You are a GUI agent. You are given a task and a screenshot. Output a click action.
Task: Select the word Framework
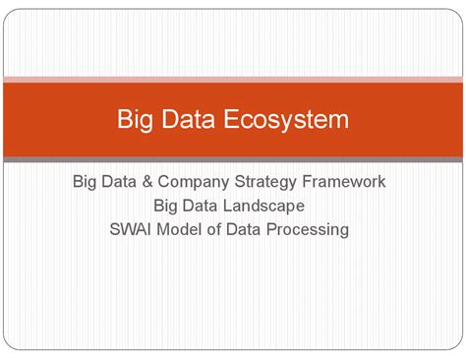coord(349,182)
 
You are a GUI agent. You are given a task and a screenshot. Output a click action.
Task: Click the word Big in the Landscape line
coord(166,206)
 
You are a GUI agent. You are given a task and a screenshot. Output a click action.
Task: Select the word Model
coord(188,230)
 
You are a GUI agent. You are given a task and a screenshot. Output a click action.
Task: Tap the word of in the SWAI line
coord(223,230)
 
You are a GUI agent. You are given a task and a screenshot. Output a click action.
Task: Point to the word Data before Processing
coord(253,230)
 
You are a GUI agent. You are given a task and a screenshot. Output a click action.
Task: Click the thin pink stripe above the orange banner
coord(233,79)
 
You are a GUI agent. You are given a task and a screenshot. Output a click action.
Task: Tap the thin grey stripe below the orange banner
coord(233,159)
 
